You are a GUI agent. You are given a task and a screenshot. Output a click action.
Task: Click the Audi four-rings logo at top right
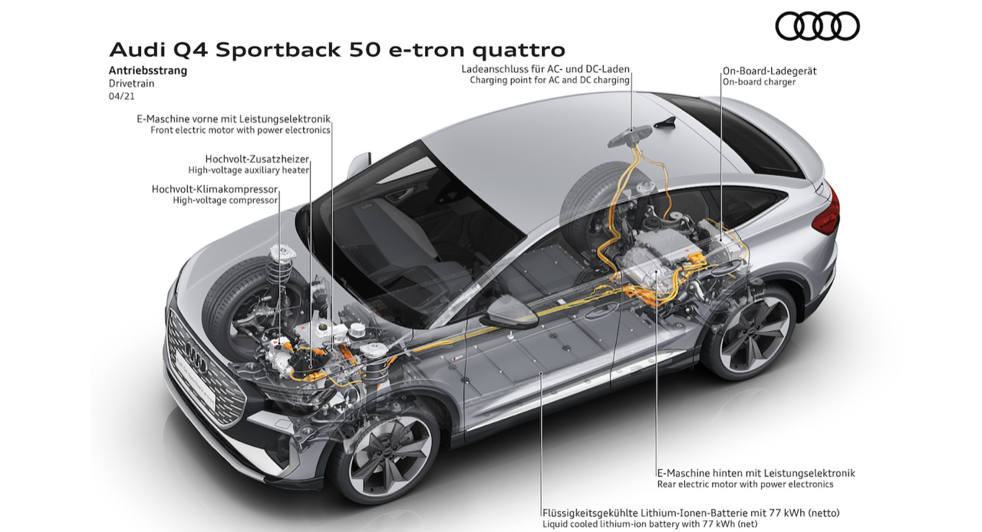point(817,26)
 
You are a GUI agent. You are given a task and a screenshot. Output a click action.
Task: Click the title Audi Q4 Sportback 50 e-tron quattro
point(338,50)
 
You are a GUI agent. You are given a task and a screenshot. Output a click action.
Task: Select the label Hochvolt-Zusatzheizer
point(257,158)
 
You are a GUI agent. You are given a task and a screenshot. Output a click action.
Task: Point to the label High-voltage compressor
point(225,200)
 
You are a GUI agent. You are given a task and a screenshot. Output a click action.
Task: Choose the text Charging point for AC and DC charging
point(550,80)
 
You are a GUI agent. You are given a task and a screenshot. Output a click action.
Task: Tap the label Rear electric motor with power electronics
point(745,484)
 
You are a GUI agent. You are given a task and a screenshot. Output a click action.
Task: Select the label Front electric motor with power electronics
point(240,131)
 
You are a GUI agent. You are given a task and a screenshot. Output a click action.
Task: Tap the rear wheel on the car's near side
point(749,331)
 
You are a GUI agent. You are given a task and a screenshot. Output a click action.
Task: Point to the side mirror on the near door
point(507,316)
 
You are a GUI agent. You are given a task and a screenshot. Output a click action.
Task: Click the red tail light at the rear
point(827,209)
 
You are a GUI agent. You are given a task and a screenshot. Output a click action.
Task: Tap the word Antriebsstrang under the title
point(148,71)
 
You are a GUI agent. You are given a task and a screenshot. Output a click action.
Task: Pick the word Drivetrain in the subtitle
point(131,83)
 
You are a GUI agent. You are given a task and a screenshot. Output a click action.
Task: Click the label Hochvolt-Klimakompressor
point(215,189)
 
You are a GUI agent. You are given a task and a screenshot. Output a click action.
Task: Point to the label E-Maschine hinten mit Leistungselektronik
point(756,473)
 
